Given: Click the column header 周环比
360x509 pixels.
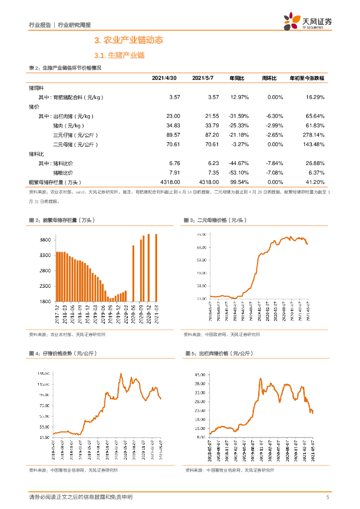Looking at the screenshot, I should (270, 78).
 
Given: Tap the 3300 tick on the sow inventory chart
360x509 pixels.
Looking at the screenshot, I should (45, 255).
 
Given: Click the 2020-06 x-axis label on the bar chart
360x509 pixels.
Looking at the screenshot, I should (133, 315).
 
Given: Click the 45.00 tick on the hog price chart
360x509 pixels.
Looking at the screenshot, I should (200, 374).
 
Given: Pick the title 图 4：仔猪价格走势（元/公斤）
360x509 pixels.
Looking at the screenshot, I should (63, 353).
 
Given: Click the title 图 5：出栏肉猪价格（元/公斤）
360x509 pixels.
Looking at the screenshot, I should (219, 353).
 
